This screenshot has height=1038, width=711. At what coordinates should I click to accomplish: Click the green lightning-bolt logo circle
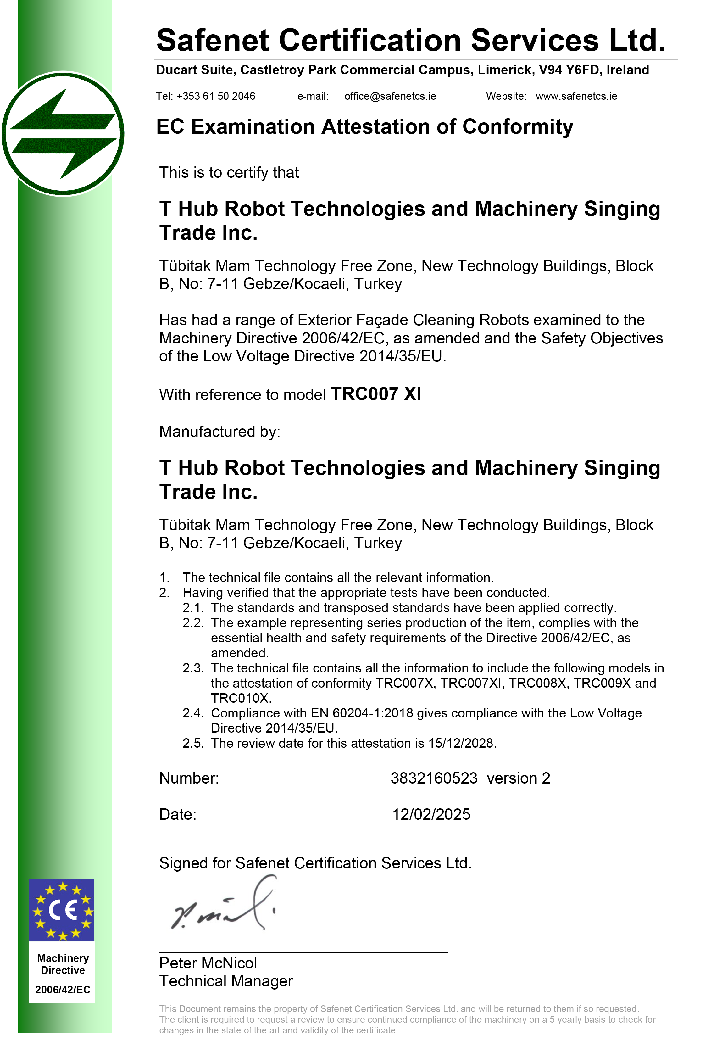coord(63,134)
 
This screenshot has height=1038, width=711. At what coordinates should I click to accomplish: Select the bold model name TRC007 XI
coord(375,394)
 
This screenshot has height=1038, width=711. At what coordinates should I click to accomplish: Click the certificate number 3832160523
coord(434,778)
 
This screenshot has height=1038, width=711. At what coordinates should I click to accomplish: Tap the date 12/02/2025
coord(431,814)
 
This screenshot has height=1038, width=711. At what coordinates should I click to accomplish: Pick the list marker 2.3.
coord(193,668)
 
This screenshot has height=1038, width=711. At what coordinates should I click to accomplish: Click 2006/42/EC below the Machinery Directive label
coord(63,990)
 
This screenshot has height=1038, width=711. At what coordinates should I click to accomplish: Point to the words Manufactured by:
coord(219,432)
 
